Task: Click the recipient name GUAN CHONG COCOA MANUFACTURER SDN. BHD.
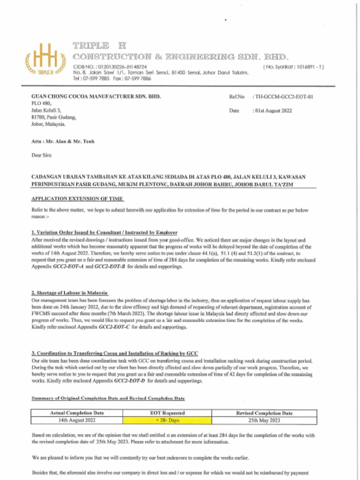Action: (96, 96)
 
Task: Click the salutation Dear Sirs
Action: (41, 155)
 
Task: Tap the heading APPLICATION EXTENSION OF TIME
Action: (77, 199)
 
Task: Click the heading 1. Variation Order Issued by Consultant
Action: (104, 232)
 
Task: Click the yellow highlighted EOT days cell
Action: (167, 421)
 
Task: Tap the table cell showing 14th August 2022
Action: (76, 421)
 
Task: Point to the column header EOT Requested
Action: (167, 413)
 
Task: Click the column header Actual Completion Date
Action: (76, 413)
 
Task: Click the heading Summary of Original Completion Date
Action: (108, 398)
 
